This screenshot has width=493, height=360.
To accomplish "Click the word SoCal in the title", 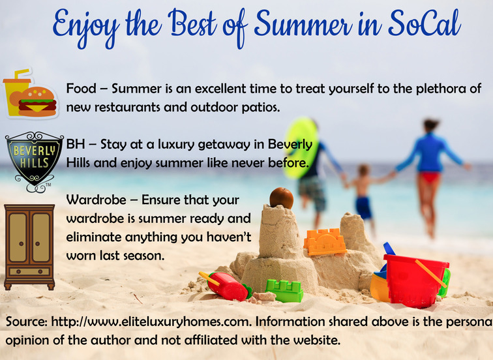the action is click(x=425, y=23).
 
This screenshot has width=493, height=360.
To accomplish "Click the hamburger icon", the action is click(x=37, y=101).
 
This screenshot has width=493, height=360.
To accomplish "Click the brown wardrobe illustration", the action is click(x=29, y=247).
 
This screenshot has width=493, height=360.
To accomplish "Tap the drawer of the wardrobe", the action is click(x=29, y=271).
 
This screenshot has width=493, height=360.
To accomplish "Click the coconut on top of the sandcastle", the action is click(x=282, y=198).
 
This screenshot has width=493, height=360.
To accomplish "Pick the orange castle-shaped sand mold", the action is click(x=325, y=241).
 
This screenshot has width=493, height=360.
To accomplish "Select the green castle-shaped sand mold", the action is click(x=284, y=290).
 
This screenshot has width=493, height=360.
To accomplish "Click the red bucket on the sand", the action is click(x=415, y=280).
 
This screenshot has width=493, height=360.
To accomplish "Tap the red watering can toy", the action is click(x=226, y=286).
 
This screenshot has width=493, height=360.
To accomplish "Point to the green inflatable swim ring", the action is click(x=299, y=148).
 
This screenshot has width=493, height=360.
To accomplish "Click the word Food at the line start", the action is click(x=81, y=88).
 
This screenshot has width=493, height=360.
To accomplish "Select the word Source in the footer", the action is click(x=26, y=322).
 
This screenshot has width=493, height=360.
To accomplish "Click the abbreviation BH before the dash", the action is click(x=76, y=144).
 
